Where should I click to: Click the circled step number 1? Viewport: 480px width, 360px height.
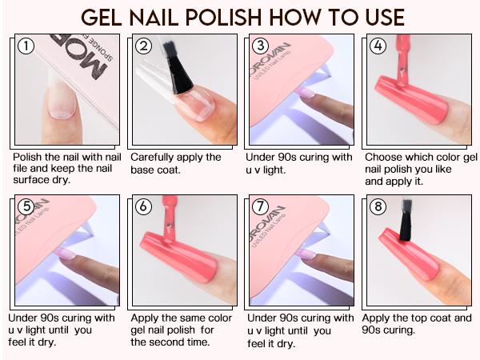click(26, 46)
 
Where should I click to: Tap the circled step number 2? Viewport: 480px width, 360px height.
click(144, 46)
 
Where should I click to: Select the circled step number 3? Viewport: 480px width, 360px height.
click(260, 46)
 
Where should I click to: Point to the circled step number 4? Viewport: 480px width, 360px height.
click(378, 46)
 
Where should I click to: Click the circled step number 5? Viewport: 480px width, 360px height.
click(26, 206)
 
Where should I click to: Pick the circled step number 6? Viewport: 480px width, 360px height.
click(144, 206)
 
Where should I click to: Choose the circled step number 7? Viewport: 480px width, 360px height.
click(260, 206)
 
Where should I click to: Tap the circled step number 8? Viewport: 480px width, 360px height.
click(378, 206)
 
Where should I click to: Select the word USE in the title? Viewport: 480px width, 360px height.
click(381, 18)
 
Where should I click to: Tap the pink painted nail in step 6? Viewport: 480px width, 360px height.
click(180, 256)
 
